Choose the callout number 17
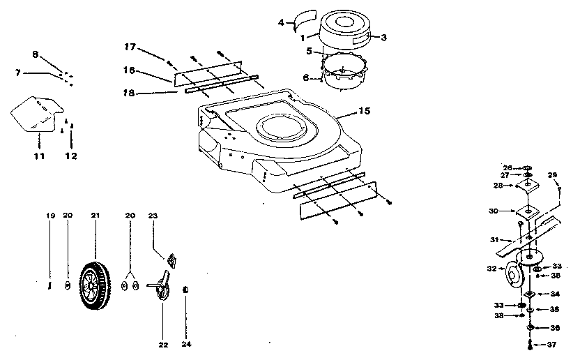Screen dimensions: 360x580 coord(129,47)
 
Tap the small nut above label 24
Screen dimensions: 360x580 coord(185,289)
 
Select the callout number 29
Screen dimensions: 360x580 coord(551,174)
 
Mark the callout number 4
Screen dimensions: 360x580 coord(281,22)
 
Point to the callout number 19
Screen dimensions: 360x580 coord(50,216)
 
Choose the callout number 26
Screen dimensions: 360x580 coord(507,167)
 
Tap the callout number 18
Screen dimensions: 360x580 coord(129,92)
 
